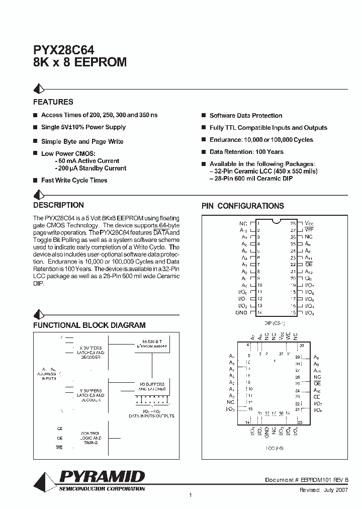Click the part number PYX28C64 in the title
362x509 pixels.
pyautogui.click(x=62, y=49)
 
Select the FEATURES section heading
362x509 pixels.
pyautogui.click(x=53, y=102)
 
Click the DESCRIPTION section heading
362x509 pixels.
pyautogui.click(x=58, y=205)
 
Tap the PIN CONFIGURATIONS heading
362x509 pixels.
pyautogui.click(x=242, y=206)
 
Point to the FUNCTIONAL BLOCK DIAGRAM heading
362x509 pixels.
pyautogui.click(x=89, y=325)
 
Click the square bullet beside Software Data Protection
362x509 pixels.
pyautogui.click(x=204, y=116)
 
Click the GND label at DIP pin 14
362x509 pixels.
pyautogui.click(x=241, y=313)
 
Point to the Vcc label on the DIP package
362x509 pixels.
pyautogui.click(x=310, y=223)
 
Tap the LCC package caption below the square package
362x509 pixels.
pyautogui.click(x=274, y=447)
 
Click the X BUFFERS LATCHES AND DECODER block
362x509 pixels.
pyautogui.click(x=91, y=353)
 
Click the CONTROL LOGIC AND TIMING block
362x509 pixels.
pyautogui.click(x=91, y=438)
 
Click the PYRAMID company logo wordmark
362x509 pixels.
pyautogui.click(x=102, y=476)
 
